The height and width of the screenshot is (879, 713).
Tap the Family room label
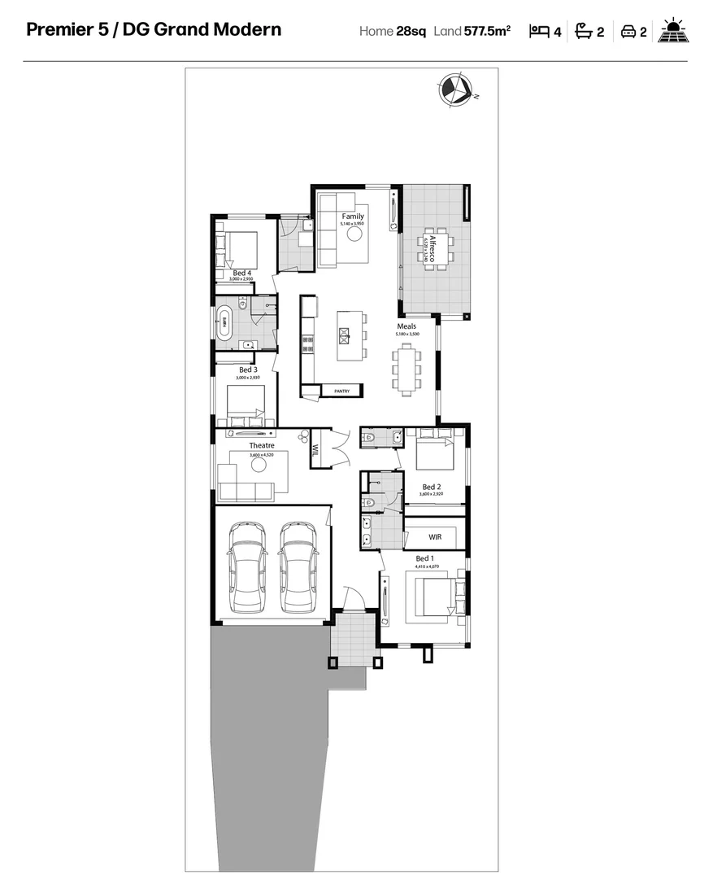[x=353, y=216]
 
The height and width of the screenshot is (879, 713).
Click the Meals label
[x=406, y=326]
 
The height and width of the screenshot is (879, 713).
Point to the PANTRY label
[x=341, y=391]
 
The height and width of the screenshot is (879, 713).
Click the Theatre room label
[x=262, y=445]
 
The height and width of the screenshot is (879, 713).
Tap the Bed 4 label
[x=241, y=273]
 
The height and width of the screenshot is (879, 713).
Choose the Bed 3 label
[x=248, y=370]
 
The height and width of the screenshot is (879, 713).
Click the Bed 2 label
[x=431, y=487]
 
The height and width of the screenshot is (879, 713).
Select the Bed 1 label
[x=424, y=558]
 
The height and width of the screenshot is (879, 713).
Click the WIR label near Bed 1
[x=435, y=537]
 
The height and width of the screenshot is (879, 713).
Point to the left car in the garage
[x=246, y=567]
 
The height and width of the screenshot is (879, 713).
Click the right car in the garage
[x=298, y=567]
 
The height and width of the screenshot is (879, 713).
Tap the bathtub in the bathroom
[x=222, y=323]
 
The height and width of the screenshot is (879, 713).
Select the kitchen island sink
[x=344, y=332]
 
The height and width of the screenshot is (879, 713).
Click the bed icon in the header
[x=539, y=32]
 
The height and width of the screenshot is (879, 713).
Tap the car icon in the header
[x=628, y=32]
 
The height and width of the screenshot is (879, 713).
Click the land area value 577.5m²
[x=487, y=32]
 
